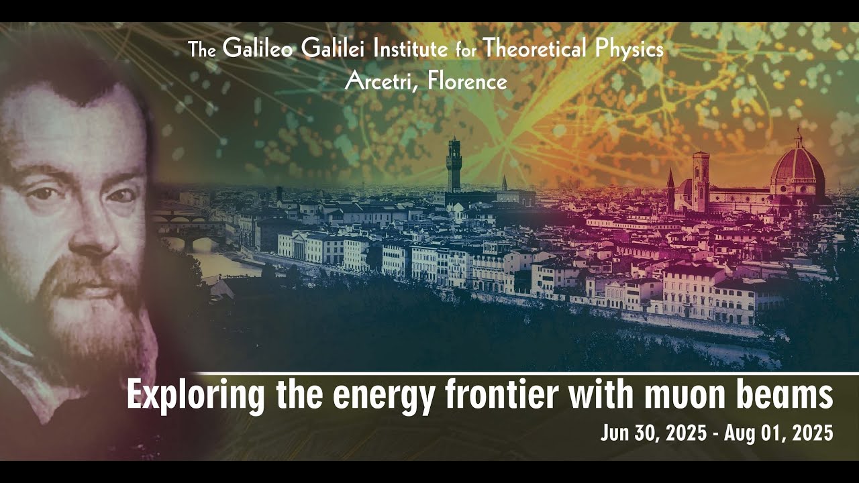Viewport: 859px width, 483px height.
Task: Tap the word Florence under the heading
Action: pyautogui.click(x=468, y=81)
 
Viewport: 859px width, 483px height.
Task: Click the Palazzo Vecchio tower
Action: pyautogui.click(x=454, y=164)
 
